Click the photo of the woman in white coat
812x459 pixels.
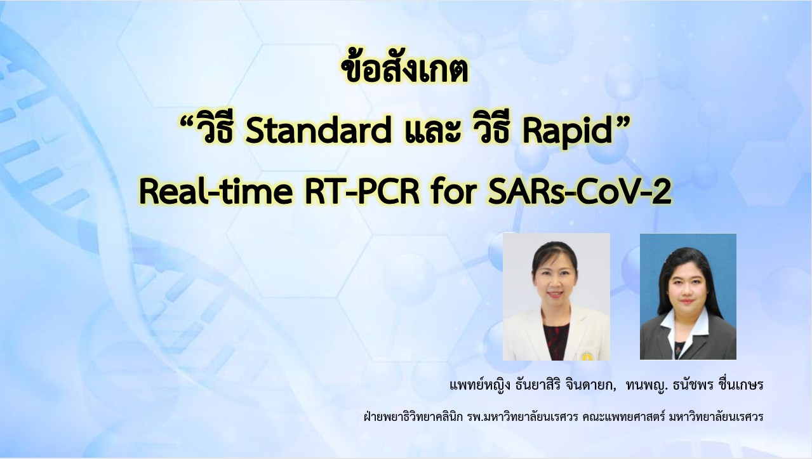coord(556,296)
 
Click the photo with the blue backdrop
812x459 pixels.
coord(688,296)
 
